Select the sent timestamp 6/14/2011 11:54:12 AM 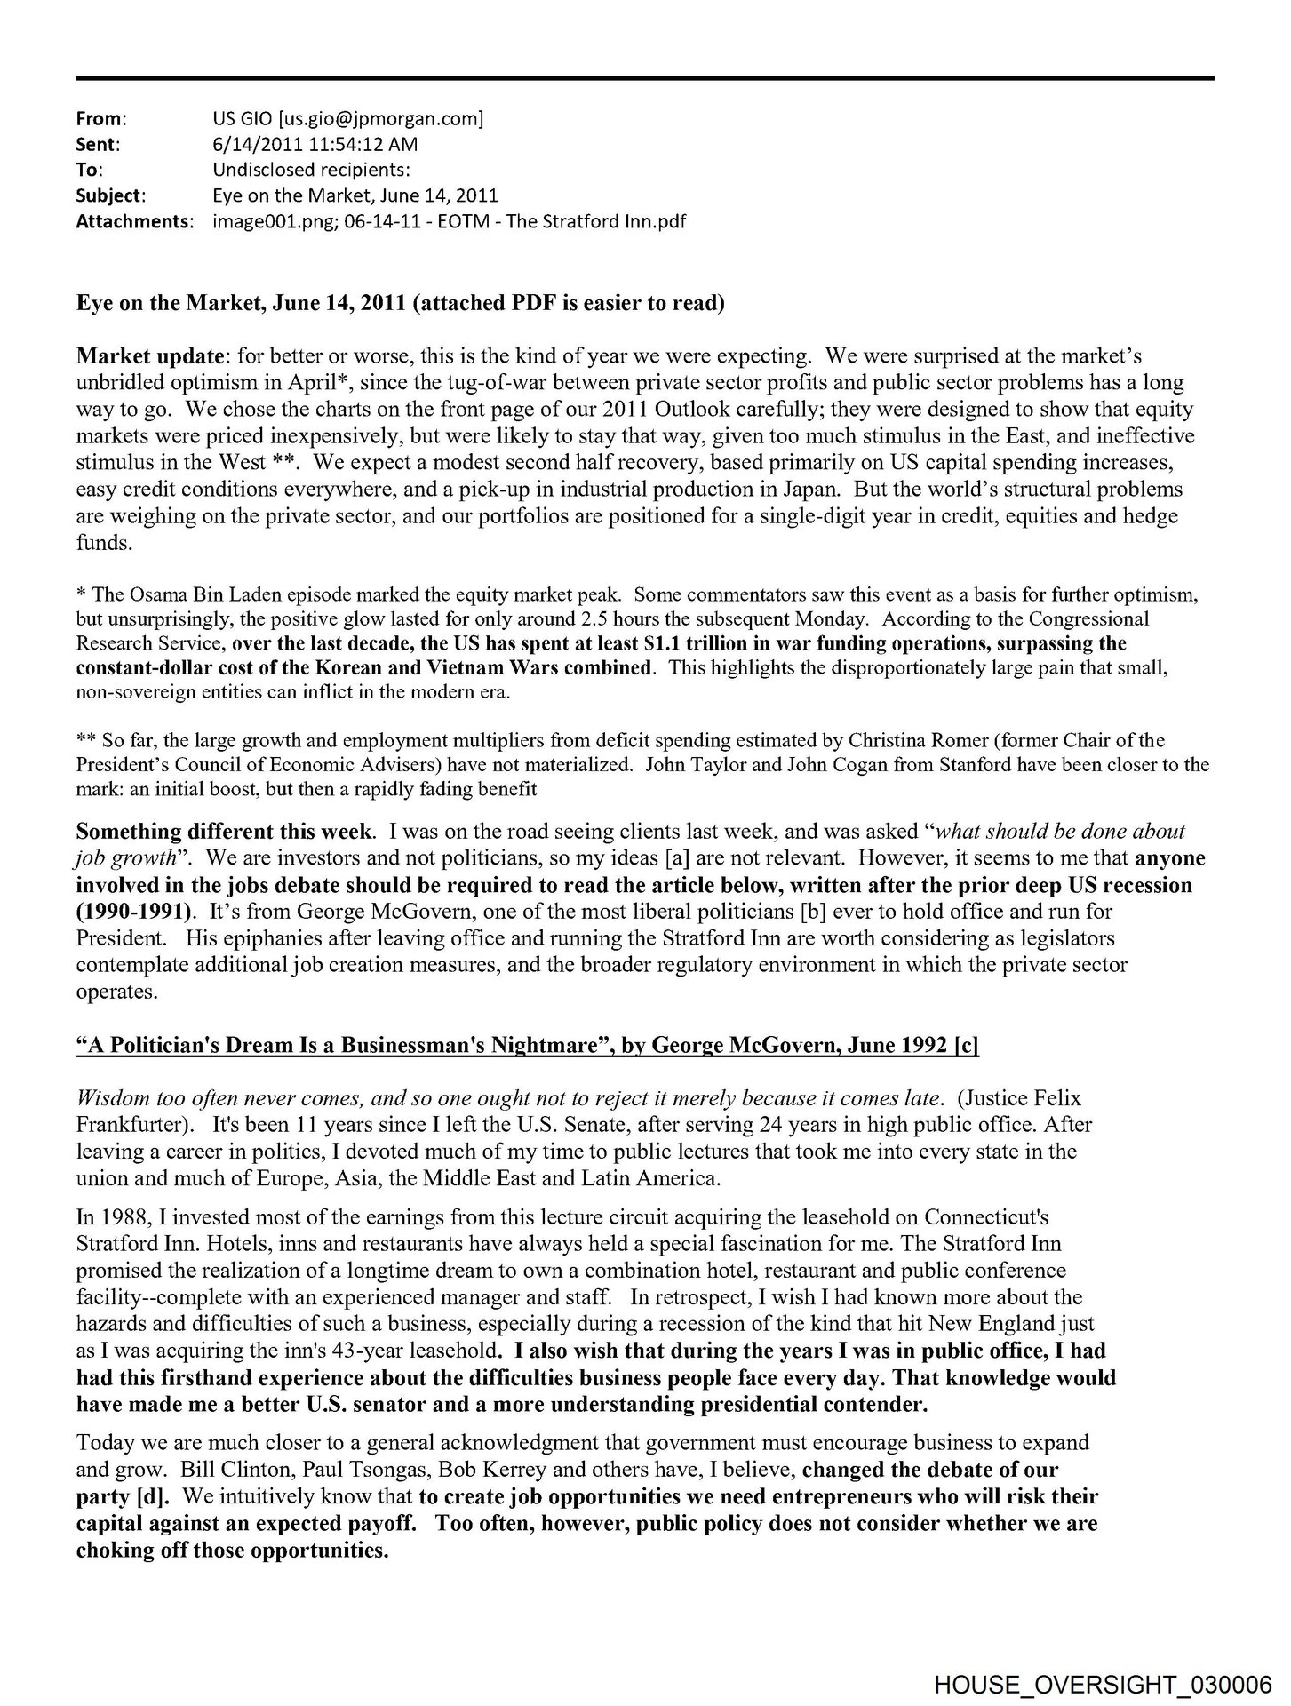point(310,144)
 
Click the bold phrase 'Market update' point(148,356)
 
